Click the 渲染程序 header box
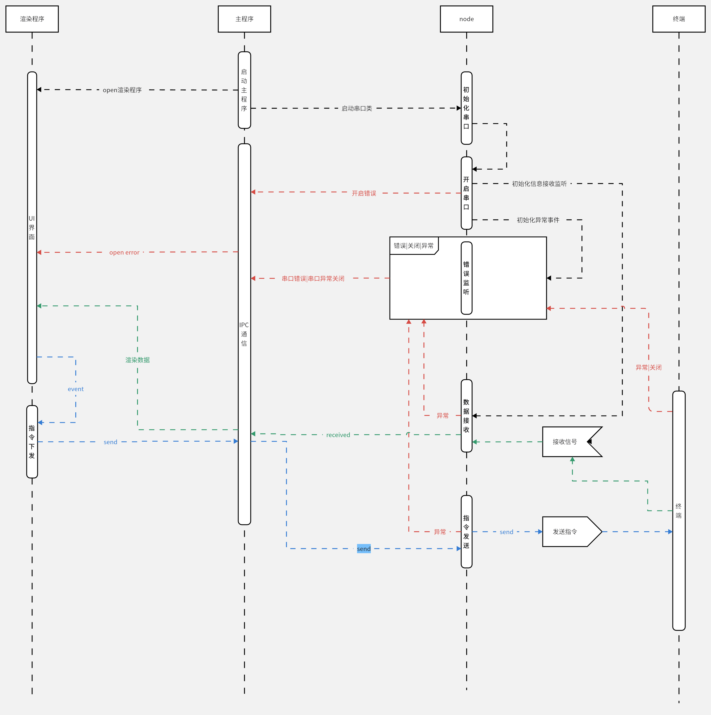32,19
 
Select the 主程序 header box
244,19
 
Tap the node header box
466,19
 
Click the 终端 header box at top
679,19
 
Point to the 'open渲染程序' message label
122,90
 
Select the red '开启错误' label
364,193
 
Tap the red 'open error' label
124,252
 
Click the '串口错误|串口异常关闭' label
313,278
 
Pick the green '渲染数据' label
138,360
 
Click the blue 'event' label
76,389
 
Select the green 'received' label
338,435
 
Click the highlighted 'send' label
364,549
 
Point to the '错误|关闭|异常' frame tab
414,246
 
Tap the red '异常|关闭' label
649,367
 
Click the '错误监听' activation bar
466,278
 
